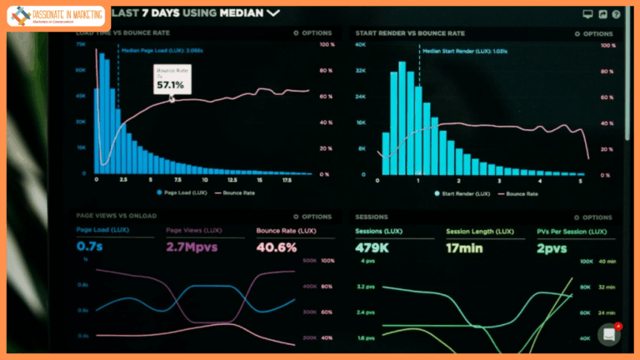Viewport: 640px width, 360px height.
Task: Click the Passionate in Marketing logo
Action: point(56,16)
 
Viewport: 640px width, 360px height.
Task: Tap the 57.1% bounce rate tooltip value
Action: point(169,85)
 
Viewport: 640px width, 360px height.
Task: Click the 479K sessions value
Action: point(373,247)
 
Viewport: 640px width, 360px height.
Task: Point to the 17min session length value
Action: point(465,247)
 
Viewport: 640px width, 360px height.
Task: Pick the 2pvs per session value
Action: point(552,247)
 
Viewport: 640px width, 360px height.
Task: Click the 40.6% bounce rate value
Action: point(277,247)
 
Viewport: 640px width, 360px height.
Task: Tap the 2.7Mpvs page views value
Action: point(191,247)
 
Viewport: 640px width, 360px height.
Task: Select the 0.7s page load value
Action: point(90,247)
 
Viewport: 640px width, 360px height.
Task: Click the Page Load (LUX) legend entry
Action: point(182,192)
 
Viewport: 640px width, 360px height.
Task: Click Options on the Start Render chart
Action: point(592,33)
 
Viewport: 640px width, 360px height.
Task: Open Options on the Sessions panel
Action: point(592,217)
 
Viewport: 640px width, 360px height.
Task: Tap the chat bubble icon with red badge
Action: point(609,334)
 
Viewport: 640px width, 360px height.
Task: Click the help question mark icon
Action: point(616,14)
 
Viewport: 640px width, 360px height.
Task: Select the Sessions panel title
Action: point(372,217)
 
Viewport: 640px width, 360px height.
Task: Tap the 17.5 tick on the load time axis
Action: point(286,180)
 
